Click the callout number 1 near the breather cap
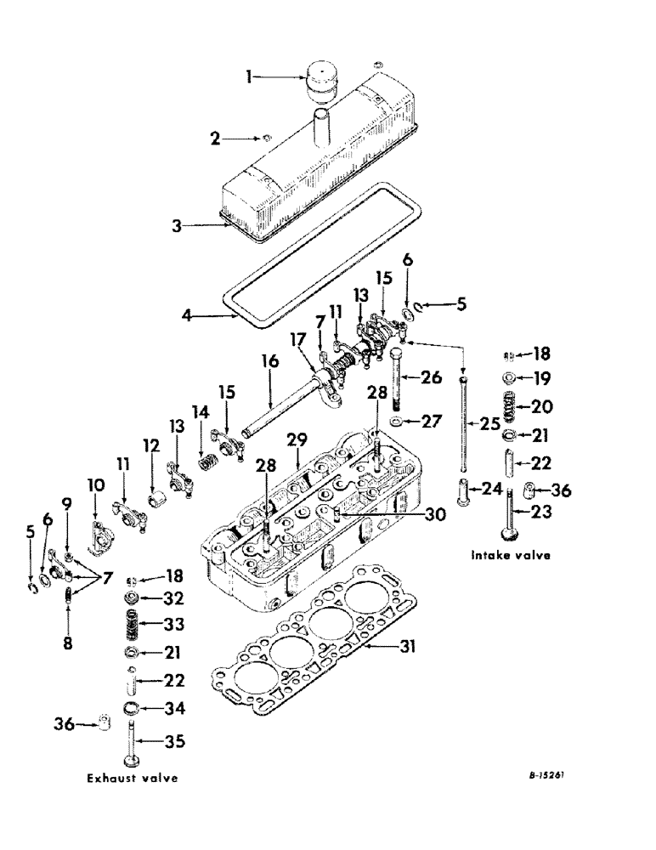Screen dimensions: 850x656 pyautogui.click(x=248, y=77)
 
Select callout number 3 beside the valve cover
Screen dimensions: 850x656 pyautogui.click(x=176, y=226)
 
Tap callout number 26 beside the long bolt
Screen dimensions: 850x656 pyautogui.click(x=432, y=377)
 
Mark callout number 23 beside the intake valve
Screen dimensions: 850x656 pyautogui.click(x=541, y=512)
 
